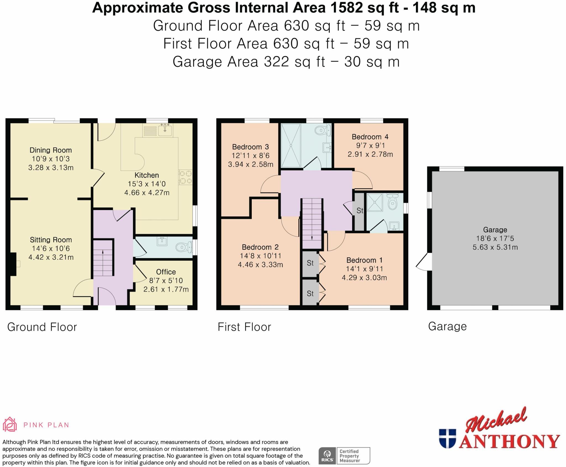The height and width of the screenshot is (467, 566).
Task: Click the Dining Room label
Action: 51,150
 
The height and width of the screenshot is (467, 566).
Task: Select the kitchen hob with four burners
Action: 185,177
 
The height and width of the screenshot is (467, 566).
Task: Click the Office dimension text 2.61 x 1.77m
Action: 166,289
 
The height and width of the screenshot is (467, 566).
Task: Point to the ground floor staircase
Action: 103,258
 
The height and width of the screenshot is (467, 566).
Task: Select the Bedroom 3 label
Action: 250,147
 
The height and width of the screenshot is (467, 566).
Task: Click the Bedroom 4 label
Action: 370,137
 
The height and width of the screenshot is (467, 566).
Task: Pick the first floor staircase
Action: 312,222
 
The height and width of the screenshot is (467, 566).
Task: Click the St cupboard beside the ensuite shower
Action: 359,211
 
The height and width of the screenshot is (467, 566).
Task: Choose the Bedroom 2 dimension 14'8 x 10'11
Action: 260,256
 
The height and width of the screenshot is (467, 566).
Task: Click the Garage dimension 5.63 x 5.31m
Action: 495,247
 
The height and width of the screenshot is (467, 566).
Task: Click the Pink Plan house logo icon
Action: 10,424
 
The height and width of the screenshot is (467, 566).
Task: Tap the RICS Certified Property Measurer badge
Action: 344,456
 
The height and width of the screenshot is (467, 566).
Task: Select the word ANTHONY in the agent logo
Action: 509,441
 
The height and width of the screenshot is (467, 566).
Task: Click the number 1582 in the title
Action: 347,8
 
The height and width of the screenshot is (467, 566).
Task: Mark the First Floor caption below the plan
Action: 244,327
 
